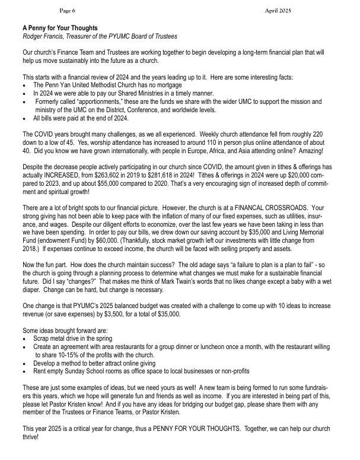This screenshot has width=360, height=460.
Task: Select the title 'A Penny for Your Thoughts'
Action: click(x=60, y=28)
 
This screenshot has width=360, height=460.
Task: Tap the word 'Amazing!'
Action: click(x=321, y=151)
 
